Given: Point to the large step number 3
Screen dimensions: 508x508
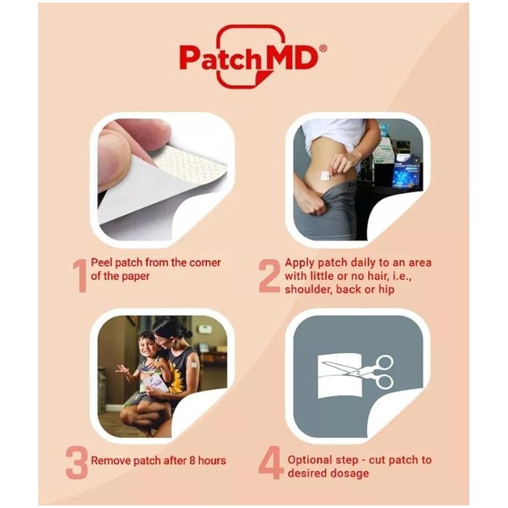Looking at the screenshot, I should tap(76, 462).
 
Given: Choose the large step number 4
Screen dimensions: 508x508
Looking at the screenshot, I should tap(270, 463).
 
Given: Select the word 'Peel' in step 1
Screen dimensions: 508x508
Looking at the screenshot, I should tap(102, 262).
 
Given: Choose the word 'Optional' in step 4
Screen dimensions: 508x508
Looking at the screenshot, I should tap(309, 459).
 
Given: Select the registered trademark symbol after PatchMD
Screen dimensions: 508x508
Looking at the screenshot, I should tap(323, 48).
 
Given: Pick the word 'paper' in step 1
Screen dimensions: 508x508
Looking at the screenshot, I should tap(136, 276).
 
